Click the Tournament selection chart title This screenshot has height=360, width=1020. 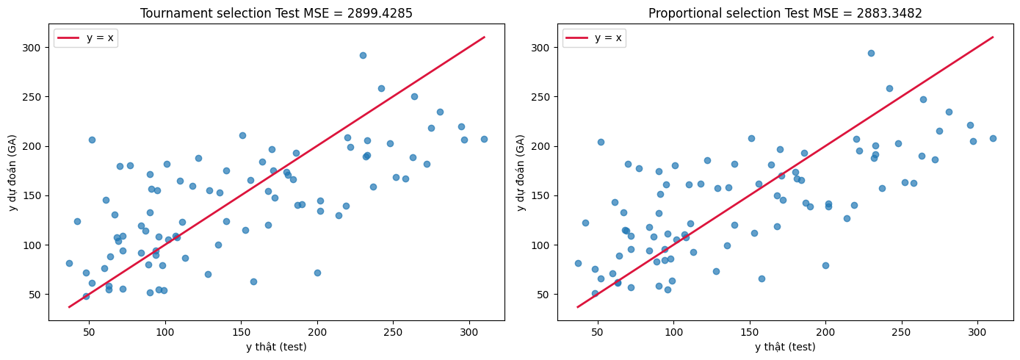point(276,13)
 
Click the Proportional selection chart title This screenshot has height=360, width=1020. point(785,13)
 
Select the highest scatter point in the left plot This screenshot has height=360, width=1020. point(363,55)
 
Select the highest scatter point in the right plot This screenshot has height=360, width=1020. point(871,53)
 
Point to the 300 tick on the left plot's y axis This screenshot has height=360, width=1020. point(36,47)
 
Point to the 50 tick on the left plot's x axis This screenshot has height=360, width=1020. point(89,333)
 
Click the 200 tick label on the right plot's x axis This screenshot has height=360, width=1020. point(825,333)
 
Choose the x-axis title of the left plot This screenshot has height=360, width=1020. point(276,347)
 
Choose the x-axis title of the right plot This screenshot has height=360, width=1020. point(785,347)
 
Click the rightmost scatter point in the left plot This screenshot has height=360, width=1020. point(484,139)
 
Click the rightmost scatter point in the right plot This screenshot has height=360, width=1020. point(993,138)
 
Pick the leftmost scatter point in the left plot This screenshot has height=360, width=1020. point(69,263)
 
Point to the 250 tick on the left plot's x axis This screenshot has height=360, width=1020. point(393,333)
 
